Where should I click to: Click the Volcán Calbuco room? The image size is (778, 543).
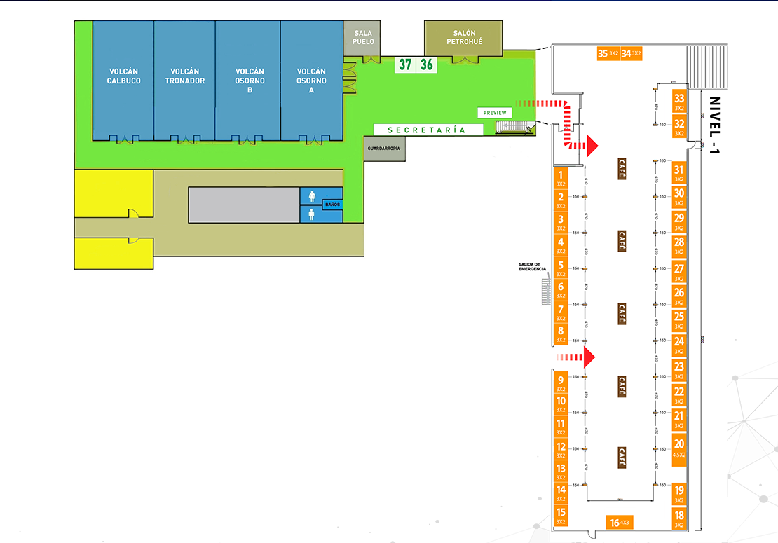[123, 77]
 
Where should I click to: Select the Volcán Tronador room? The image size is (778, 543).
[184, 77]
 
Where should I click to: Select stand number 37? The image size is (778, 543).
[404, 65]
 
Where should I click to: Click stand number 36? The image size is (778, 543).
[426, 65]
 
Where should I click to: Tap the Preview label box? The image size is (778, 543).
[494, 113]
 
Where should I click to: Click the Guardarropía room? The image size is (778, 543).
[383, 149]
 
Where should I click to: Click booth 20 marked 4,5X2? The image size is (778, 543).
[678, 446]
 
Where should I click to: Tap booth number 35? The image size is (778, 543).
[608, 53]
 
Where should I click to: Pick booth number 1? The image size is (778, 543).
[561, 177]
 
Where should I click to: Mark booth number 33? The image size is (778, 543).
[678, 102]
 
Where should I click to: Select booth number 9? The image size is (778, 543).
[561, 383]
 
